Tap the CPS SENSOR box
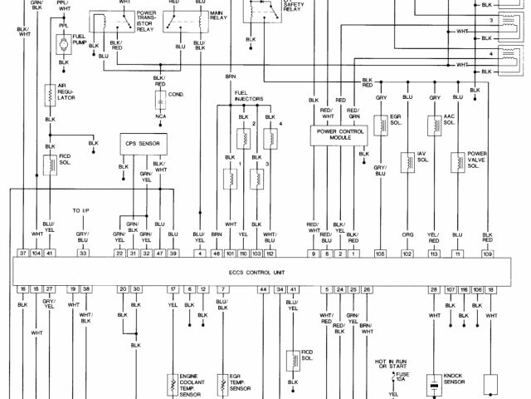click(143, 143)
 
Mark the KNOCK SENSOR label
click(453, 382)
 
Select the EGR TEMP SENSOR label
click(240, 383)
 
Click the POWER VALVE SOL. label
click(477, 160)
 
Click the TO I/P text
click(80, 210)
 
